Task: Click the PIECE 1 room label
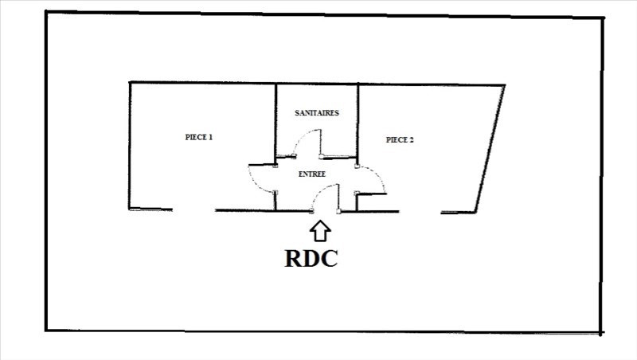pyautogui.click(x=199, y=137)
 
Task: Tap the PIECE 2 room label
pyautogui.click(x=400, y=139)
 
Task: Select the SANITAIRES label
pyautogui.click(x=317, y=113)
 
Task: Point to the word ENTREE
pyautogui.click(x=311, y=173)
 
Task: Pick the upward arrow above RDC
pyautogui.click(x=320, y=230)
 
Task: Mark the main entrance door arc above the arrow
pyautogui.click(x=325, y=191)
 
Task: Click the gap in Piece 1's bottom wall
pyautogui.click(x=194, y=210)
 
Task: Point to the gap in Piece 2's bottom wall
pyautogui.click(x=420, y=212)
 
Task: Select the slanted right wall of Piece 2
pyautogui.click(x=490, y=148)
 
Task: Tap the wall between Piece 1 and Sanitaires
pyautogui.click(x=276, y=119)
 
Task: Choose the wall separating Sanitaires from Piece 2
pyautogui.click(x=358, y=119)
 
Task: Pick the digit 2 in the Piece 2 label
pyautogui.click(x=412, y=139)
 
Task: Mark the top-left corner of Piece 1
pyautogui.click(x=130, y=82)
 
